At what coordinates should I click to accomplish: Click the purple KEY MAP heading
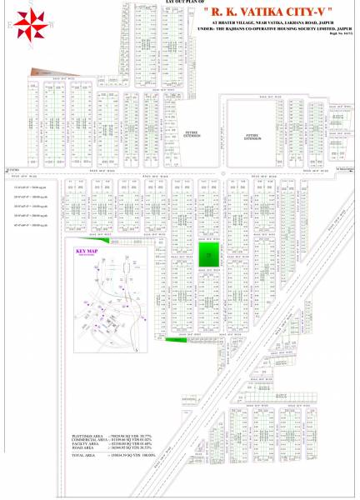87,251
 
